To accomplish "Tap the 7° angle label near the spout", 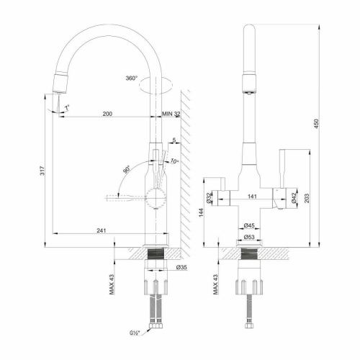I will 68,108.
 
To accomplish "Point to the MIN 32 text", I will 171,114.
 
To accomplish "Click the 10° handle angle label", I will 174,161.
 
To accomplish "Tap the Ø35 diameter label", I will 181,268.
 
